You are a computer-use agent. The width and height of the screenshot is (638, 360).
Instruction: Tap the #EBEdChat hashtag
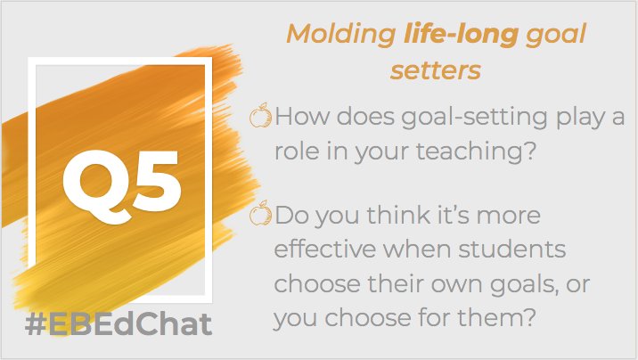tap(118, 324)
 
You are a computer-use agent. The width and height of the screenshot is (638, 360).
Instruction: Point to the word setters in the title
tap(435, 70)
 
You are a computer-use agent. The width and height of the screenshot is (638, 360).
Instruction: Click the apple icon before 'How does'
tap(260, 116)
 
